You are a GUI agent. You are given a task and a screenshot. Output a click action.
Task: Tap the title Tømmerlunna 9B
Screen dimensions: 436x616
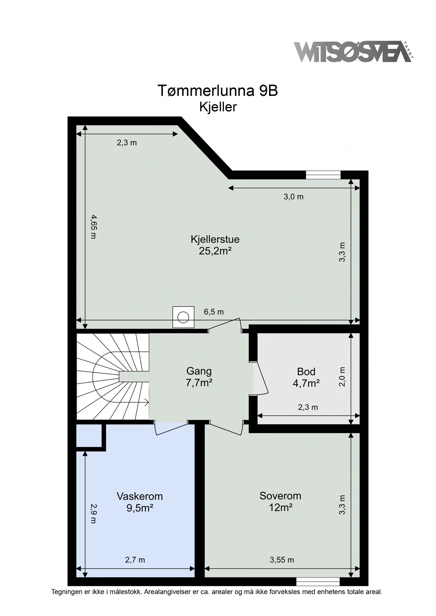[218, 91]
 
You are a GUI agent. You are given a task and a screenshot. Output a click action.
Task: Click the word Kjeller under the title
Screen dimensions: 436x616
[218, 107]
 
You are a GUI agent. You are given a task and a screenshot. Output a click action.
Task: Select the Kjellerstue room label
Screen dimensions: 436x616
[215, 239]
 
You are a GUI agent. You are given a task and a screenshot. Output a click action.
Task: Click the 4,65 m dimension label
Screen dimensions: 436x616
[94, 226]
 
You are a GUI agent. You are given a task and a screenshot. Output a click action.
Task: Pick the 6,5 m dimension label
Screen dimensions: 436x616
[214, 312]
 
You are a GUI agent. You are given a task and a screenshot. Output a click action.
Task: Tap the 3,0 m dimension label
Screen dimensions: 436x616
[294, 197]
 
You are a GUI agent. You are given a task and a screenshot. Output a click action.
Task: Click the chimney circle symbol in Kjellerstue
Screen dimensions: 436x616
[184, 317]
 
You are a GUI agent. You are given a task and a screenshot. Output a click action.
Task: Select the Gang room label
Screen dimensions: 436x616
[199, 371]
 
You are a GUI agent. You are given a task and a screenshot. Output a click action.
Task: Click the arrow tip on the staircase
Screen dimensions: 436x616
[148, 402]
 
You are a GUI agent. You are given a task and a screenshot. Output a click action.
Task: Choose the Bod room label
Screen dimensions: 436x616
[306, 372]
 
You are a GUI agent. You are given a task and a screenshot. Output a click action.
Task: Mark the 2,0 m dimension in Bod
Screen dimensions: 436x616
[342, 377]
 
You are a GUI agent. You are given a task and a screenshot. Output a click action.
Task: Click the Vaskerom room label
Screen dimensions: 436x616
[140, 496]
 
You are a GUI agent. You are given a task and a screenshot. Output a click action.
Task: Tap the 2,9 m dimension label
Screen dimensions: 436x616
[94, 513]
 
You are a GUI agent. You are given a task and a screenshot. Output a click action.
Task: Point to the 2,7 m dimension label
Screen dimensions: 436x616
[135, 560]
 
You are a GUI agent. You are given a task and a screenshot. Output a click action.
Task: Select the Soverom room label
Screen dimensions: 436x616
[281, 496]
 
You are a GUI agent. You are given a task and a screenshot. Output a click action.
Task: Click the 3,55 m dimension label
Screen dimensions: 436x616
[282, 560]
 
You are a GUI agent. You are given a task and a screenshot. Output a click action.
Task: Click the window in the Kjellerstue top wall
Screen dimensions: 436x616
[323, 175]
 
